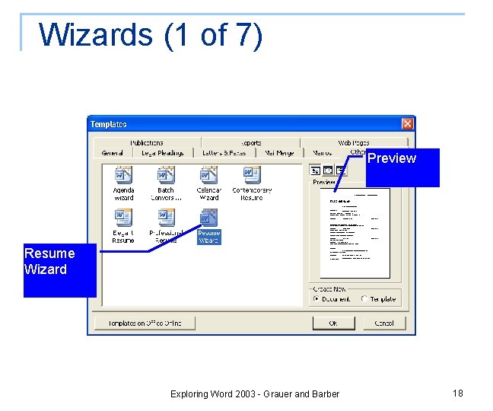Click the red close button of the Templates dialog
point(408,124)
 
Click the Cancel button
point(384,323)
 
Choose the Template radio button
point(365,299)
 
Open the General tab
point(113,153)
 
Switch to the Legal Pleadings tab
point(163,153)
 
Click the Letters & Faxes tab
point(224,153)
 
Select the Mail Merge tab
point(279,153)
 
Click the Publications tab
point(146,142)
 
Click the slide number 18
point(457,393)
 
